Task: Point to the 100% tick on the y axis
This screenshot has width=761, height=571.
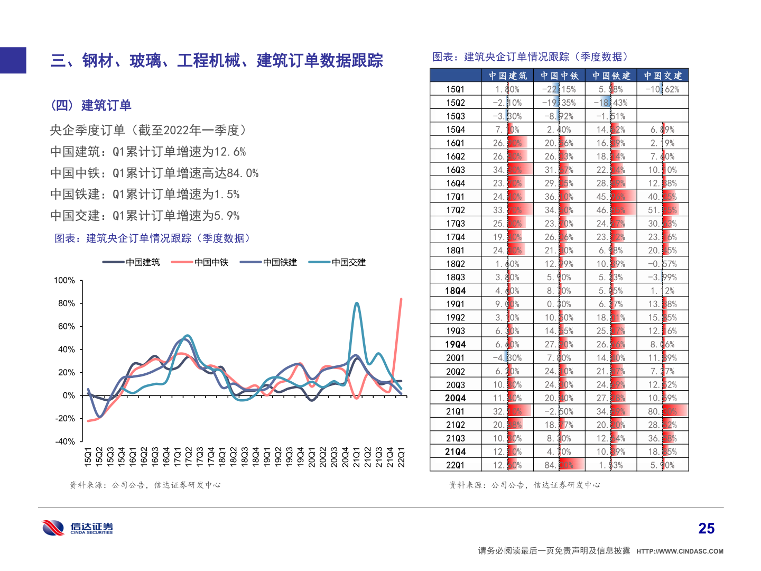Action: (x=64, y=280)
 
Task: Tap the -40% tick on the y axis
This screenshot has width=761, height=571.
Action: (x=65, y=441)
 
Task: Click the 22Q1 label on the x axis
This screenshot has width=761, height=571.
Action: (x=402, y=457)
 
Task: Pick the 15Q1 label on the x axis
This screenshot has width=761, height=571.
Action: (x=88, y=457)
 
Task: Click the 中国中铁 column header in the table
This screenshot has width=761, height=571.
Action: (x=559, y=76)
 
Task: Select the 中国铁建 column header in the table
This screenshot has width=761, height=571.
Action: (x=611, y=76)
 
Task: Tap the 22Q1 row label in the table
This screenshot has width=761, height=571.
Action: (x=455, y=465)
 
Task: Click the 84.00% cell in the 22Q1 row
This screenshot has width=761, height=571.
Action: (x=559, y=465)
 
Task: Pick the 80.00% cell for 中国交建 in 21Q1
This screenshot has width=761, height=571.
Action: (x=663, y=411)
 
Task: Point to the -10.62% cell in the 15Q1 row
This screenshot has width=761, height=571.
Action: (x=662, y=89)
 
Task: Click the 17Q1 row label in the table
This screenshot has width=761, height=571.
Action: (x=455, y=197)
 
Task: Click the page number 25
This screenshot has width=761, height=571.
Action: (x=706, y=529)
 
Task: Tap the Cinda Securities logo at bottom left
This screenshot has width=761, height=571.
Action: (x=77, y=528)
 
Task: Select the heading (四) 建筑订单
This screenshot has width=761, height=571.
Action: (x=91, y=106)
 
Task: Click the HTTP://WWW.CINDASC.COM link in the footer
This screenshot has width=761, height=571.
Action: (x=680, y=551)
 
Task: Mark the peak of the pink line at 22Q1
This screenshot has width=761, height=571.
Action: (x=401, y=299)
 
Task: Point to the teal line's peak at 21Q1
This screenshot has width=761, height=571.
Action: (x=357, y=303)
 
